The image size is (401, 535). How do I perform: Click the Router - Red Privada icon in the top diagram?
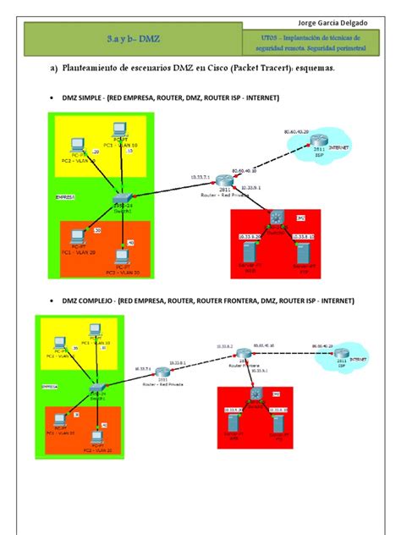[x=222, y=179]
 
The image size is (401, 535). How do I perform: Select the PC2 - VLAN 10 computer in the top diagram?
[x=76, y=144]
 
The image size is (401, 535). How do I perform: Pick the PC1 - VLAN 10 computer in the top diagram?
[x=120, y=130]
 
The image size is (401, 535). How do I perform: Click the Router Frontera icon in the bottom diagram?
[x=244, y=353]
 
